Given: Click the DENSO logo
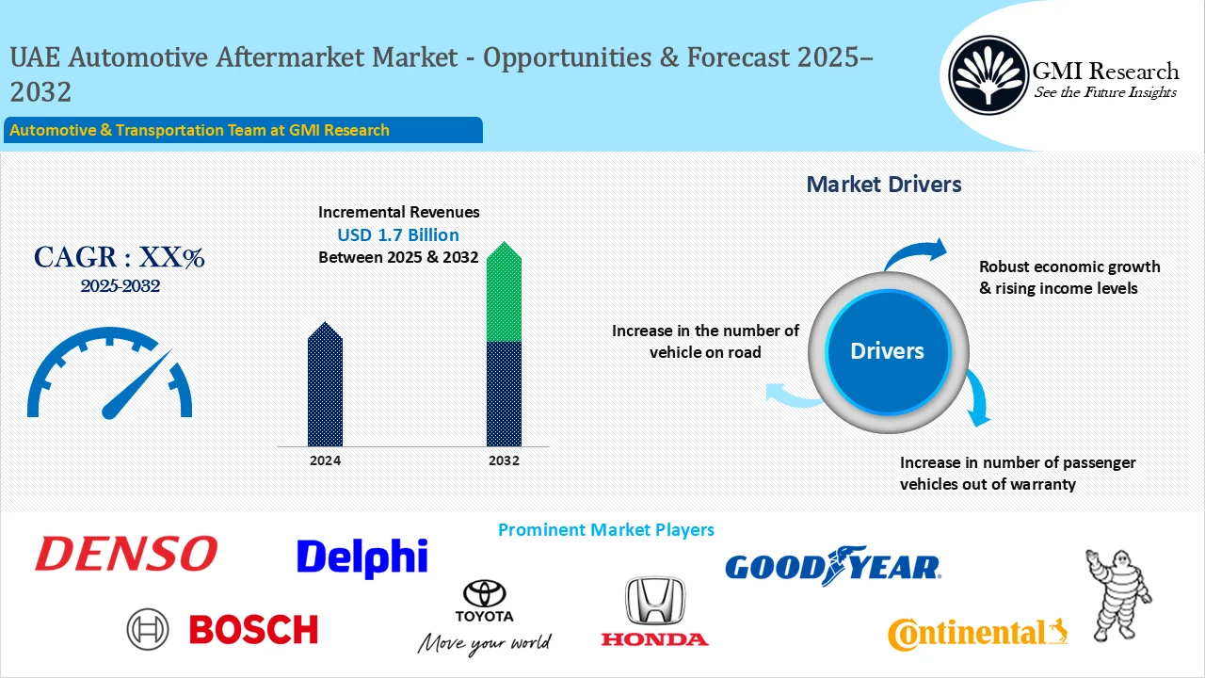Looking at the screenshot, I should coord(126,555).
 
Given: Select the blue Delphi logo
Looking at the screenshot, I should coord(362,557).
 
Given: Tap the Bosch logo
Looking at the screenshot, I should coord(223,629).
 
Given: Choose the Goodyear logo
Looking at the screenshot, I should coord(832,565).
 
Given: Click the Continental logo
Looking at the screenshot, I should coord(977,634).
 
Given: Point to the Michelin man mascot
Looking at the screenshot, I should coord(1118,593).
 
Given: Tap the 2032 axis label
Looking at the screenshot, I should coord(504,460).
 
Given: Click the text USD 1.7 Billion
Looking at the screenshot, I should coord(398,234).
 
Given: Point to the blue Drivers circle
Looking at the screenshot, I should coord(887,351).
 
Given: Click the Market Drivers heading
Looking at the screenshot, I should coord(884,185).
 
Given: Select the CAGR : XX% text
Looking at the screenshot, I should coord(120,257).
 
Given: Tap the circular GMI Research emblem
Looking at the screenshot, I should coord(988,74).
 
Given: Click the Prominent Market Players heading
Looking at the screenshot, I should coord(605,530).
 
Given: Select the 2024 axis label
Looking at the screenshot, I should coord(326,460).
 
